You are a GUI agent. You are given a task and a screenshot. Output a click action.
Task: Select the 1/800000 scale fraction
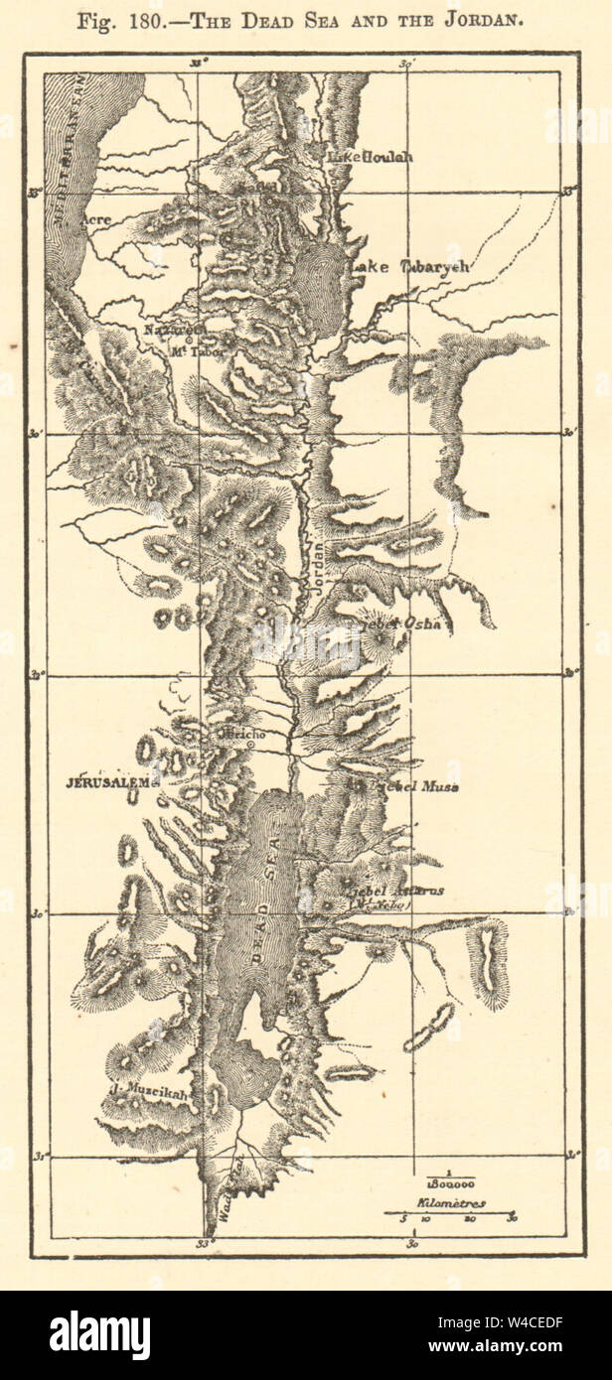click(x=451, y=1180)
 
